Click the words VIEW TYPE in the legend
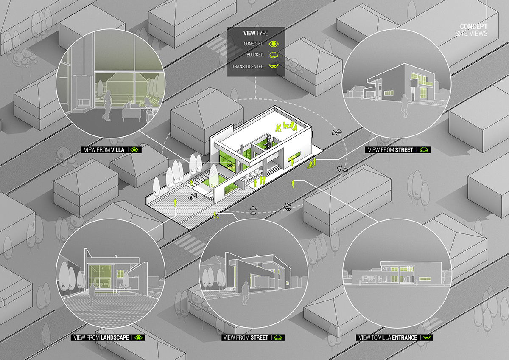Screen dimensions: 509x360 pos(256,33)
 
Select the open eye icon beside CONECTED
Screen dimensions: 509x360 pos(274,44)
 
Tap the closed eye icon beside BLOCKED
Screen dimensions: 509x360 pos(274,55)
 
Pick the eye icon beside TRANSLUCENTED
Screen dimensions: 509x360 pos(274,66)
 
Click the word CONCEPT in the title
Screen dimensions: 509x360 pos(473,26)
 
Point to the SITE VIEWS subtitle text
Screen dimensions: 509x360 pos(471,34)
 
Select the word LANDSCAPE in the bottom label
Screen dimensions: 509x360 pos(115,337)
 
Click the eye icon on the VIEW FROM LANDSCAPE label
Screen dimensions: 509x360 pos(138,337)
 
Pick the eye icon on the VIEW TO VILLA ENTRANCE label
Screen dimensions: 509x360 pos(427,337)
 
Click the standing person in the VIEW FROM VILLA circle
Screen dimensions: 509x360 pos(107,105)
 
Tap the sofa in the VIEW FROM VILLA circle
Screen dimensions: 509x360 pos(131,112)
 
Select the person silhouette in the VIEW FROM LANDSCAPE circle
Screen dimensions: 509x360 pos(92,295)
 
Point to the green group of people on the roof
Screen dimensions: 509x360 pos(286,127)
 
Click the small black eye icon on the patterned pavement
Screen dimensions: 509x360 pos(190,198)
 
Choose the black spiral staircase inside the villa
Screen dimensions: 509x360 pos(268,142)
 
